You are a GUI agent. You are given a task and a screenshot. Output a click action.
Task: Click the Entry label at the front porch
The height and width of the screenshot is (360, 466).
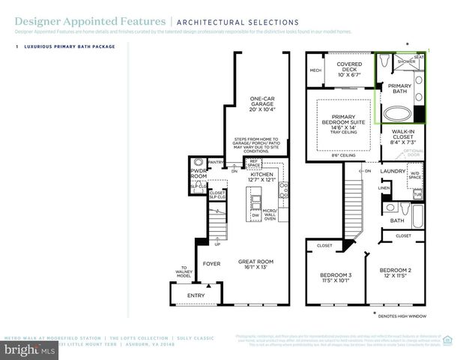[196, 295]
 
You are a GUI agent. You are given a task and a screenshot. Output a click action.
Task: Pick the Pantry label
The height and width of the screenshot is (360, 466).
[217, 161]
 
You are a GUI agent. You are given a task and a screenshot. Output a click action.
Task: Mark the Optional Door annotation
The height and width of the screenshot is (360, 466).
[414, 152]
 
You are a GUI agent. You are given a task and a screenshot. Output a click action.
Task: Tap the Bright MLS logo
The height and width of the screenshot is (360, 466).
[30, 349]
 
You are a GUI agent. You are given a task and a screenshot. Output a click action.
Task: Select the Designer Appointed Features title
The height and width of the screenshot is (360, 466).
[73, 22]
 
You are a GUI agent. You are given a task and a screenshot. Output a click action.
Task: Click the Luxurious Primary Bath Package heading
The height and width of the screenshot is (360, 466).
[68, 47]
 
